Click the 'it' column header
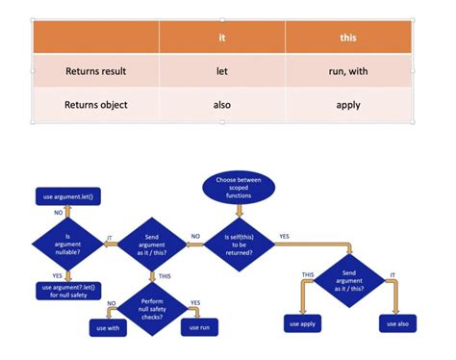click(222, 38)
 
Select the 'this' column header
click(348, 38)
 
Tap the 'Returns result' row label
click(96, 70)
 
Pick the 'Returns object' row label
click(96, 104)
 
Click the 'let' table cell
click(222, 70)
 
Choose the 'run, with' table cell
click(348, 70)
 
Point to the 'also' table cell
click(222, 104)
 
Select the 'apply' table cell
click(348, 104)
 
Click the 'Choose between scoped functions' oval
click(239, 188)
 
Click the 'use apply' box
click(302, 323)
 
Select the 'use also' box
click(396, 323)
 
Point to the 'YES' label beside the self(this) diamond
click(284, 236)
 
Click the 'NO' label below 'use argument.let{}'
click(59, 211)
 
